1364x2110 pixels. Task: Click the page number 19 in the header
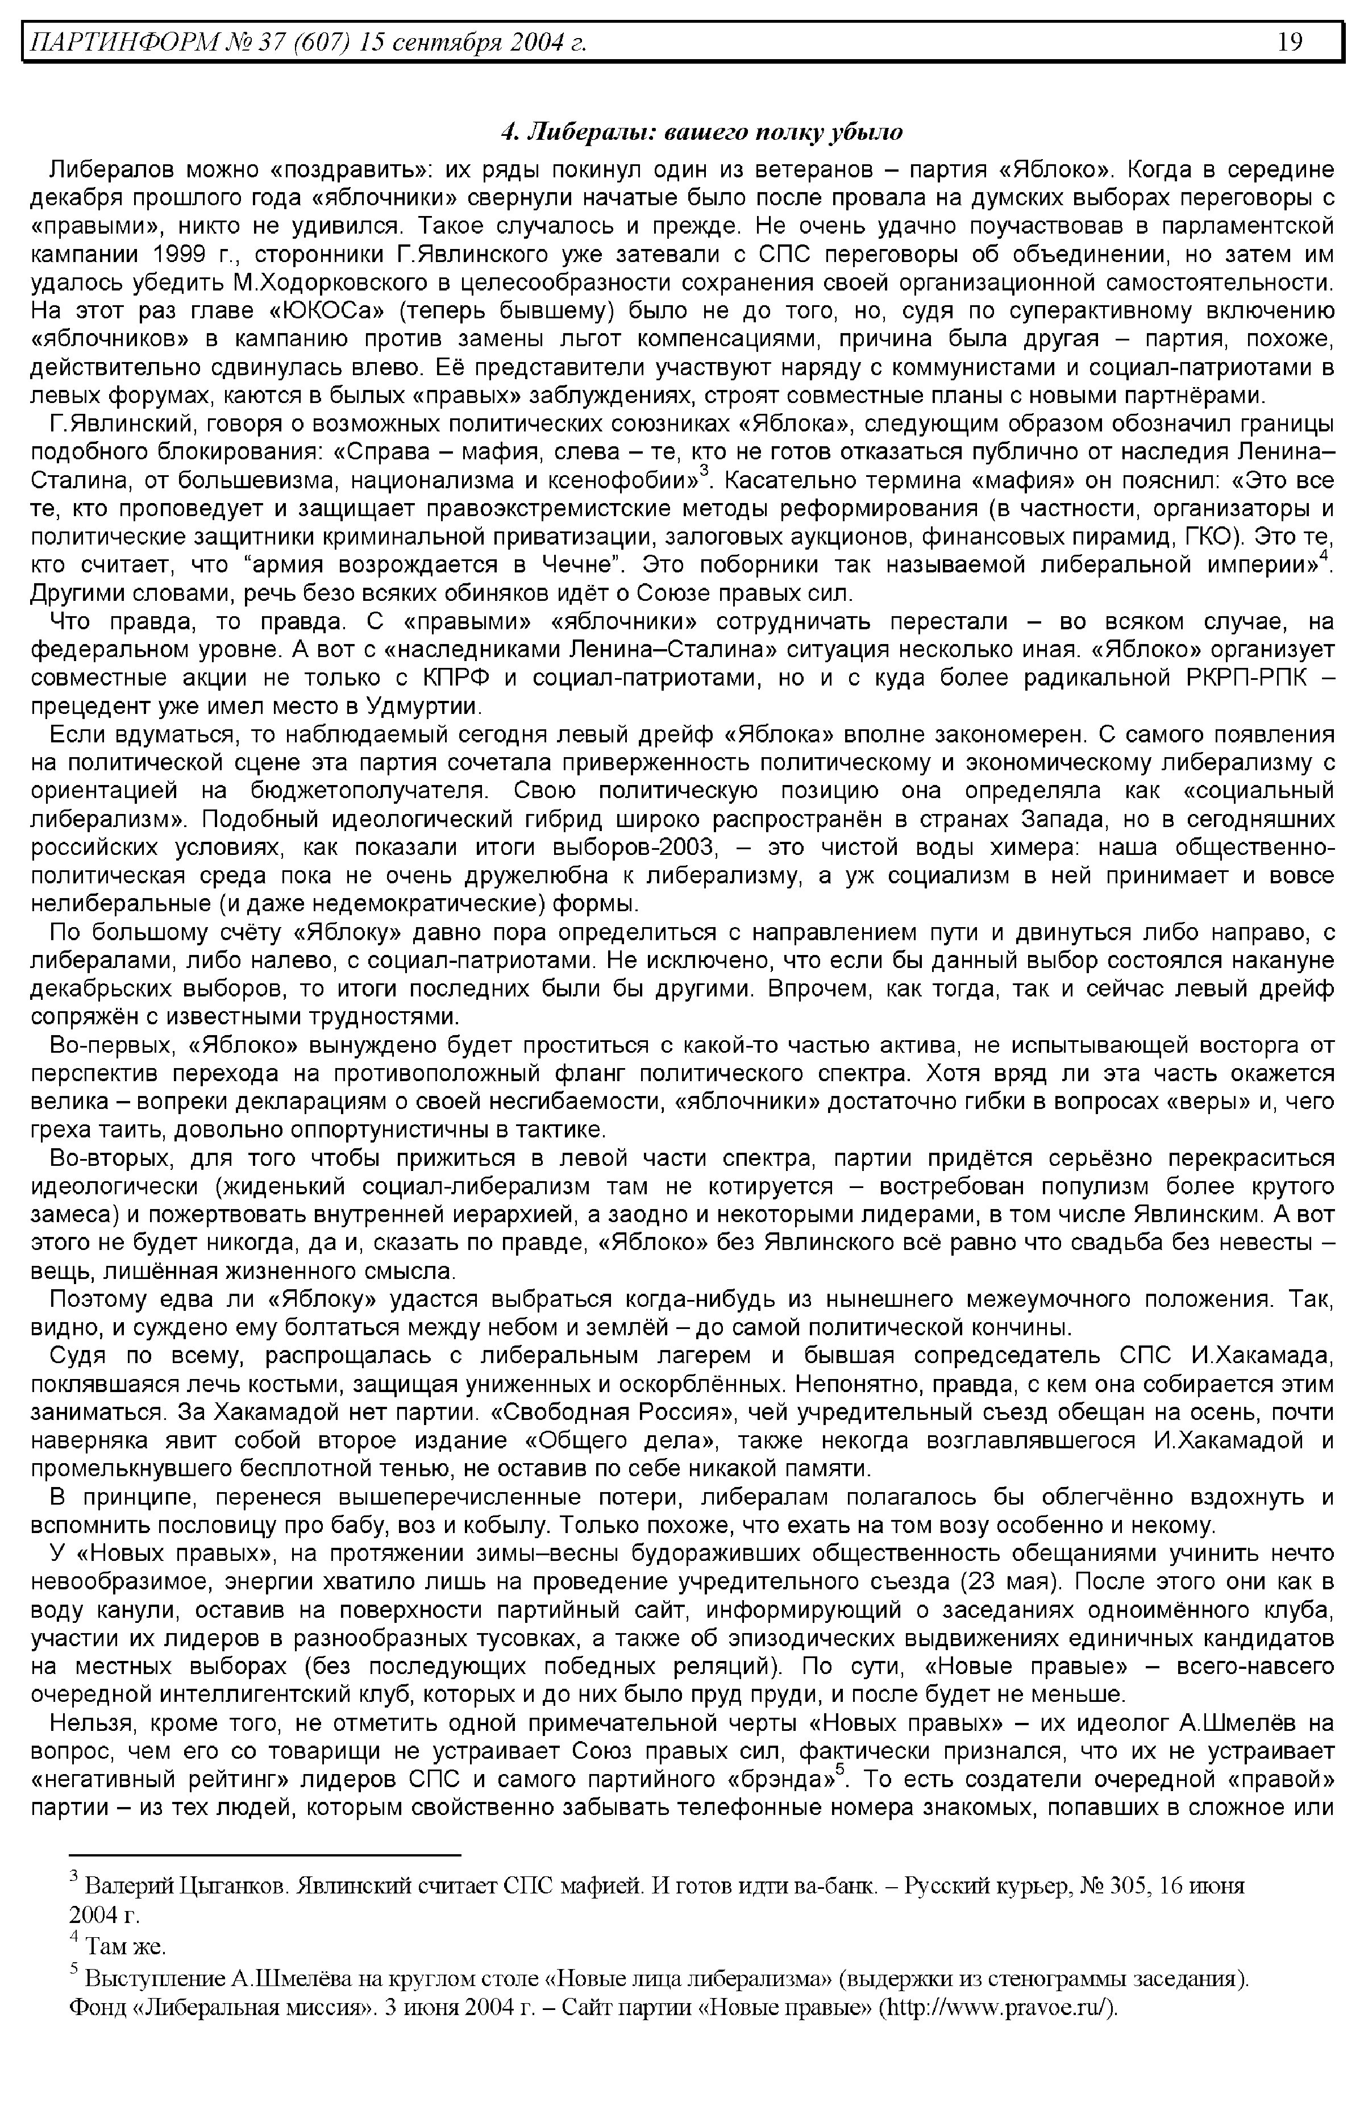click(x=1290, y=41)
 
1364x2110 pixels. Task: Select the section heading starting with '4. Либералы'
click(x=701, y=133)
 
